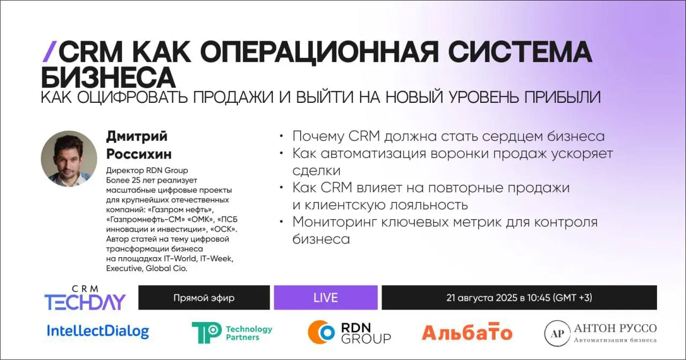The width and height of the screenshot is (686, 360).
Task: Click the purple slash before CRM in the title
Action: click(x=49, y=52)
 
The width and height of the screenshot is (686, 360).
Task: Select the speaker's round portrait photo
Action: click(x=69, y=159)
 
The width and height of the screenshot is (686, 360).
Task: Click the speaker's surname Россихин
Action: click(x=139, y=154)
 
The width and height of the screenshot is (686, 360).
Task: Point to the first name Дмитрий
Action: click(x=137, y=136)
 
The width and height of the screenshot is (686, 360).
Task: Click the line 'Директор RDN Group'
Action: click(x=147, y=170)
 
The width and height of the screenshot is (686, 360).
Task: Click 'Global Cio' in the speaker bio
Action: click(x=166, y=268)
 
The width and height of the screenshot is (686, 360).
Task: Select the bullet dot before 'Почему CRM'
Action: click(x=281, y=136)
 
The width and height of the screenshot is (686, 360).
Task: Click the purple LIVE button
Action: click(x=325, y=297)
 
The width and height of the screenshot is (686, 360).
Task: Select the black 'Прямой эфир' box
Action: click(x=204, y=297)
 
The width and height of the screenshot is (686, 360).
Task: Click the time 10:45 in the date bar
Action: click(x=539, y=297)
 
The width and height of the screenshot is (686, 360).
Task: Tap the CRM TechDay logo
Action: click(x=85, y=298)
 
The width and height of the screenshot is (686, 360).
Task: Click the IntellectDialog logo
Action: click(x=98, y=332)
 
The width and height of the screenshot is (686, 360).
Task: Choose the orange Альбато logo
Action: click(x=467, y=332)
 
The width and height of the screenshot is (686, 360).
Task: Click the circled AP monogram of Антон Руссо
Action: click(x=557, y=333)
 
